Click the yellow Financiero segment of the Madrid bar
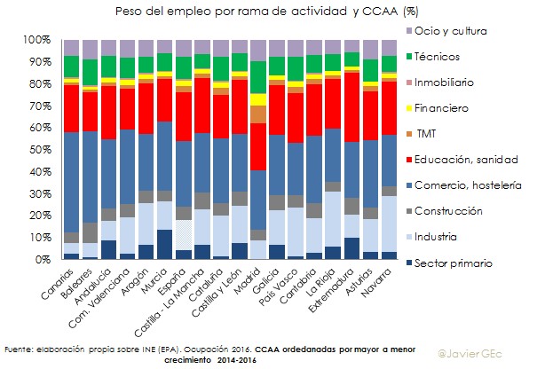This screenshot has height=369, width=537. pos(257,99)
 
